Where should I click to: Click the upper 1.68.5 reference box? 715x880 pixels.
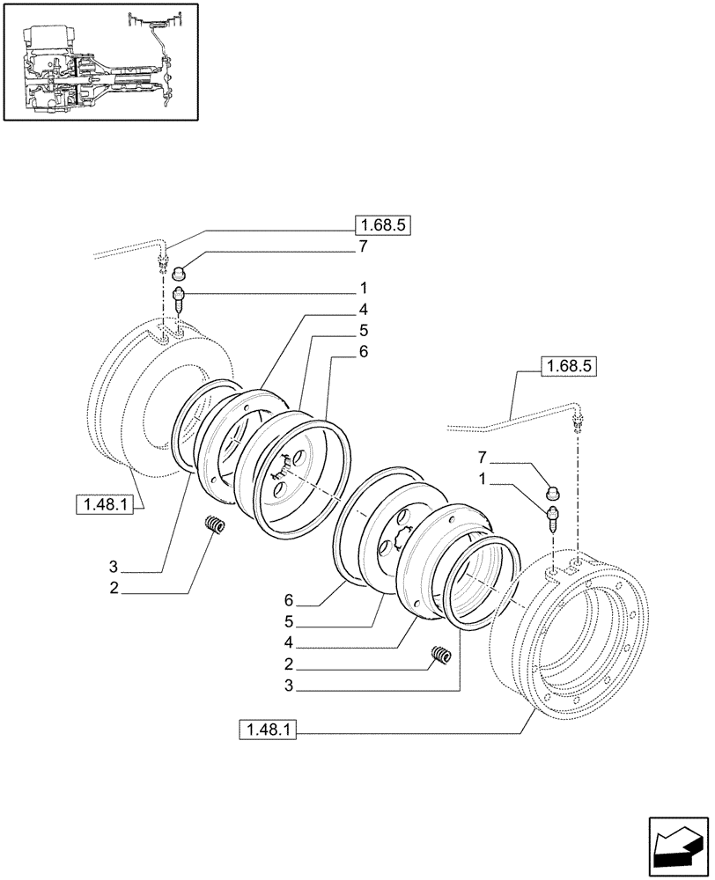383,225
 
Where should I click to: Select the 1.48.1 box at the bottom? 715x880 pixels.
267,730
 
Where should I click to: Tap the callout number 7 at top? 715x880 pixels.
363,248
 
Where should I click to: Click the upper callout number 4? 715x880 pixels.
363,310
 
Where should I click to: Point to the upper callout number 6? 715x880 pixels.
363,351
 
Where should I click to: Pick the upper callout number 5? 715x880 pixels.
363,330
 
